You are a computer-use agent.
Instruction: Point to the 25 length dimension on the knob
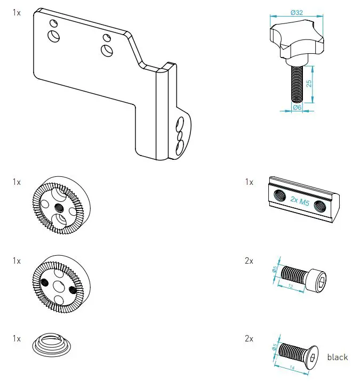308,83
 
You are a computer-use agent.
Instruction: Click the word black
337,357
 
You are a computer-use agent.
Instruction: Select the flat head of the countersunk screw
314,356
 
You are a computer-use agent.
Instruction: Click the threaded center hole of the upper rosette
58,207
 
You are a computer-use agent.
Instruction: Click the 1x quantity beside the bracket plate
17,12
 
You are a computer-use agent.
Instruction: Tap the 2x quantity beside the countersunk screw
249,339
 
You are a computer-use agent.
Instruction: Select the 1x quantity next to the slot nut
249,182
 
